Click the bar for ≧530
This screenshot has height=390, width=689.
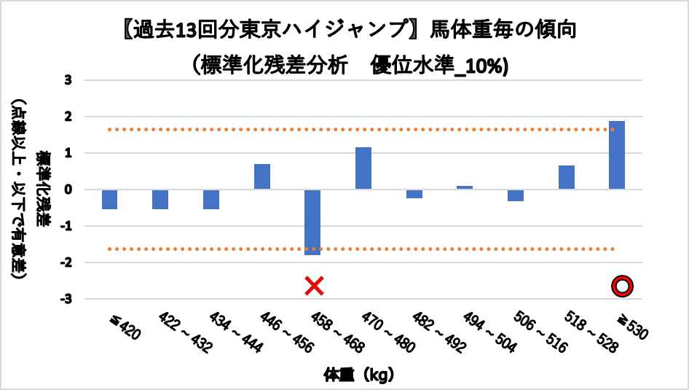click(617, 155)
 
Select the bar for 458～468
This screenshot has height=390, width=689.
click(312, 222)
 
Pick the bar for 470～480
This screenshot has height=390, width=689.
click(363, 168)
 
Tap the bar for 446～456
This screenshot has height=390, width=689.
click(262, 177)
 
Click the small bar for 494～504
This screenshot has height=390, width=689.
click(465, 187)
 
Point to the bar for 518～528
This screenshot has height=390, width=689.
click(567, 178)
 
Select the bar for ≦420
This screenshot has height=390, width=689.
click(110, 200)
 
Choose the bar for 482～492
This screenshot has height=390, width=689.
click(414, 194)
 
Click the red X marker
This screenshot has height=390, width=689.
click(313, 285)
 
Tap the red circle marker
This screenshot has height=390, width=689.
click(622, 286)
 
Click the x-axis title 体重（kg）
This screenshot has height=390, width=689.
click(359, 375)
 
